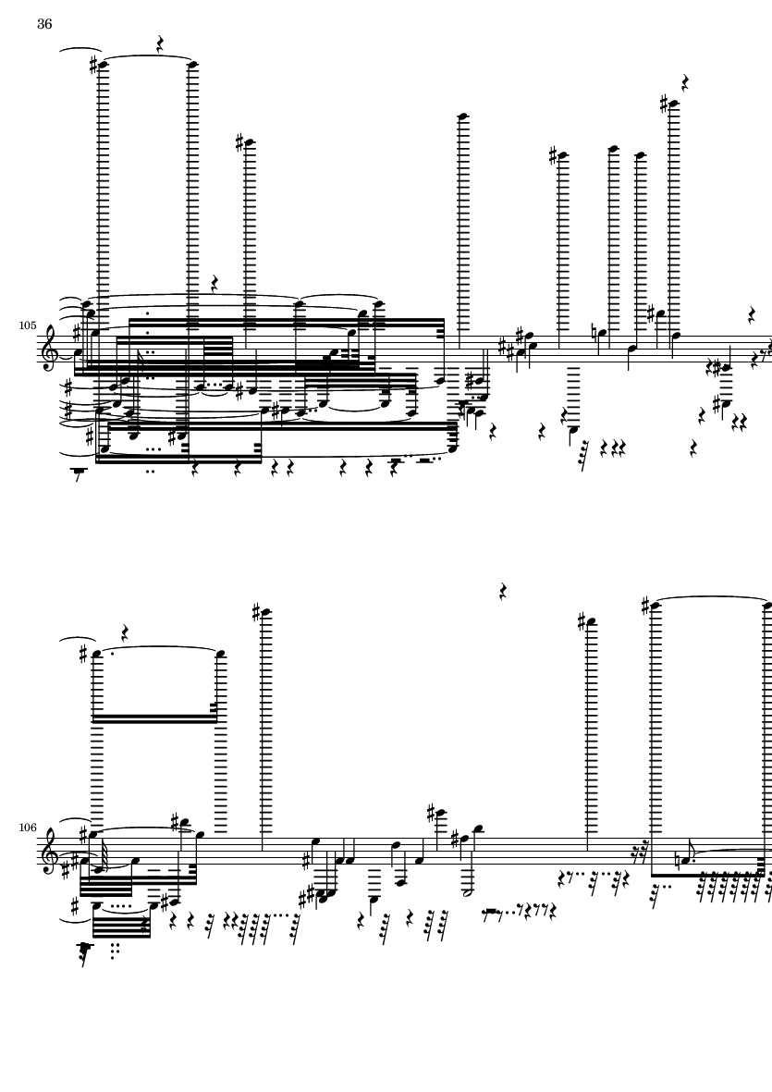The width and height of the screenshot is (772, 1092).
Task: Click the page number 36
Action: [44, 24]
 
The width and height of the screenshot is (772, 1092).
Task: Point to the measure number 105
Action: [28, 325]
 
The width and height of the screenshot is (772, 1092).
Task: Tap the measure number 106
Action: [28, 828]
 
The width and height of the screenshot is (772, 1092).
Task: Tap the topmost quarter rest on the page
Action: [160, 45]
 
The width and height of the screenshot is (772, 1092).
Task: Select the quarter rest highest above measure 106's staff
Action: [503, 592]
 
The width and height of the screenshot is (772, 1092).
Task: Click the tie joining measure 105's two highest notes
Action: [148, 56]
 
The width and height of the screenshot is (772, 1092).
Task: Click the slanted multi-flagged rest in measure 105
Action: [584, 455]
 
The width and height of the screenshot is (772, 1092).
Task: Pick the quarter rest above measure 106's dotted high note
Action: [126, 633]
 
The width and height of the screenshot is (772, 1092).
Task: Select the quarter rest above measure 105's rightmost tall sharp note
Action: [685, 82]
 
